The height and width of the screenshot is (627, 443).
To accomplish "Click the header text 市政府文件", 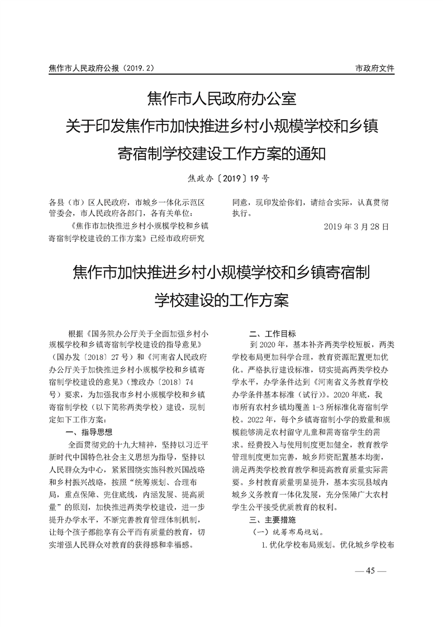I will point(374,68).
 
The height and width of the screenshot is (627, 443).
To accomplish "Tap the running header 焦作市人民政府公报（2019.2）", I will point(101,68).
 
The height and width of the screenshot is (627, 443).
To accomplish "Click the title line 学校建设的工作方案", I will point(221,300).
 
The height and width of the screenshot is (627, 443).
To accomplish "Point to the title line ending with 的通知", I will point(221,153).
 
